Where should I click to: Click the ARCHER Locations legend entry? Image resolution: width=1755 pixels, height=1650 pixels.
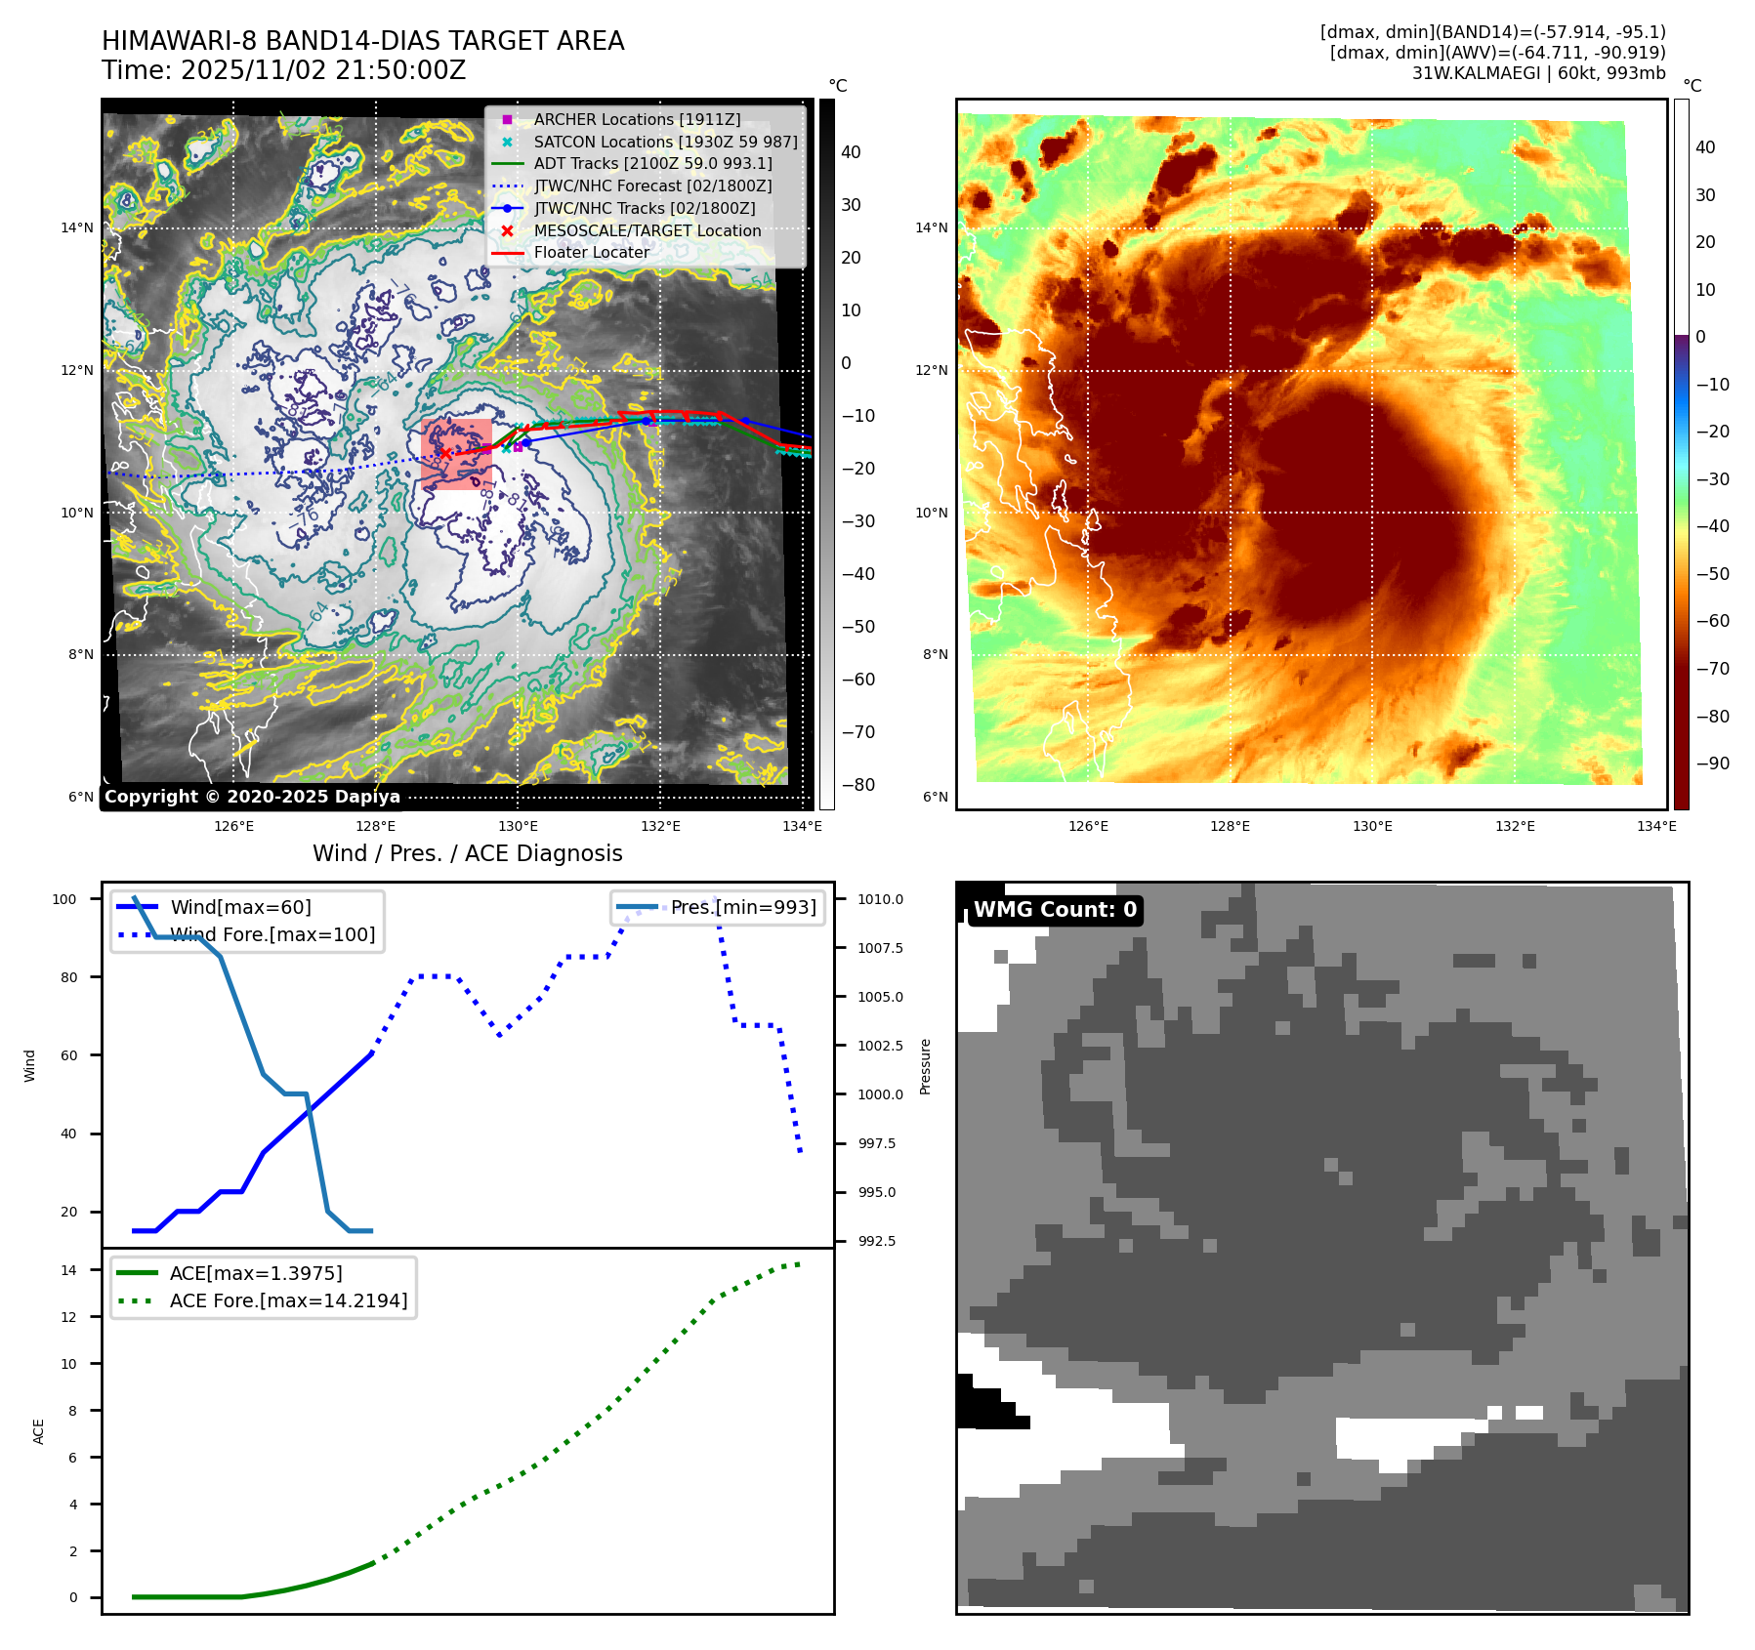pos(637,119)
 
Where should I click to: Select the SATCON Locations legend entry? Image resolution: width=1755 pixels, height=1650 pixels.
pos(665,142)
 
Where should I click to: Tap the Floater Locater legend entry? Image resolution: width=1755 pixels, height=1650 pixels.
pos(591,252)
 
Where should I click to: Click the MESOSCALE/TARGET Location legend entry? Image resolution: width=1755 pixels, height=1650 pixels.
pos(647,230)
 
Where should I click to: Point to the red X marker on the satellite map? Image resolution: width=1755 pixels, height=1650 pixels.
pos(445,453)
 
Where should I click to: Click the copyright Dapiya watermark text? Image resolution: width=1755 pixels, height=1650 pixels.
pos(252,797)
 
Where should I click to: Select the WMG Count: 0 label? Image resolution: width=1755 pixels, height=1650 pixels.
pos(1055,910)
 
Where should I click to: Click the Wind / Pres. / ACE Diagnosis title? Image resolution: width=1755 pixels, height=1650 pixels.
pos(467,853)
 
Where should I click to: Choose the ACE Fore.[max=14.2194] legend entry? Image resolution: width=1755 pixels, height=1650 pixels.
pos(288,1300)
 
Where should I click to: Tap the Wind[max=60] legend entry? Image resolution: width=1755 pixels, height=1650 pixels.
pos(240,907)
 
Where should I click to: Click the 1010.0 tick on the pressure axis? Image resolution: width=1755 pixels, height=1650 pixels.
pos(880,899)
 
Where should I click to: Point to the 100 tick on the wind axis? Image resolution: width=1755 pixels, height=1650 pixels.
pos(64,899)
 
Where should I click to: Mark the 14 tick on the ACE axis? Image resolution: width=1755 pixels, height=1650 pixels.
pos(68,1270)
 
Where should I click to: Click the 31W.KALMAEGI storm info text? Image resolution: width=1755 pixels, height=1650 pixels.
pos(1538,72)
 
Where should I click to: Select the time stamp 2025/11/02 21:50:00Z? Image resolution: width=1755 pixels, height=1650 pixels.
pos(283,70)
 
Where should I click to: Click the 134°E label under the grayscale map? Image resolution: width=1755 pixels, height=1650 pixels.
pos(802,826)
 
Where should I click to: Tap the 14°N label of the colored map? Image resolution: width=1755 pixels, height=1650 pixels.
pos(931,227)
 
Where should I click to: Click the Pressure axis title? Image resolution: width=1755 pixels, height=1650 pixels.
pos(925,1066)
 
